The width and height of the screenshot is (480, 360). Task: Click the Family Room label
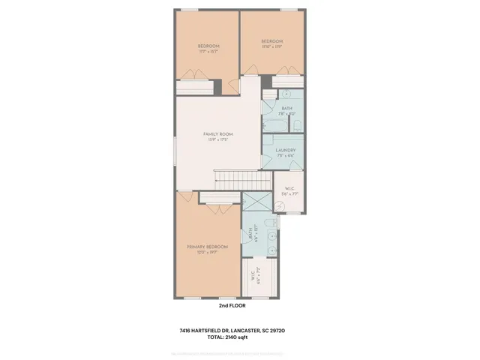pos(215,133)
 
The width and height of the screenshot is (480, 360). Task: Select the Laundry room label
pos(286,150)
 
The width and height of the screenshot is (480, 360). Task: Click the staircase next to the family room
pos(243,180)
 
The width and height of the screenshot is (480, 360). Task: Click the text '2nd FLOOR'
pos(232,306)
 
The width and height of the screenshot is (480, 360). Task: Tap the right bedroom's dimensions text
pos(271,46)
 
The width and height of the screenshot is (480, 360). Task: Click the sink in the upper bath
pos(286,94)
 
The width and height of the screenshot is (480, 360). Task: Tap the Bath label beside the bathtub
pos(286,108)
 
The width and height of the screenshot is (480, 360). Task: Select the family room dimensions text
pos(215,139)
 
